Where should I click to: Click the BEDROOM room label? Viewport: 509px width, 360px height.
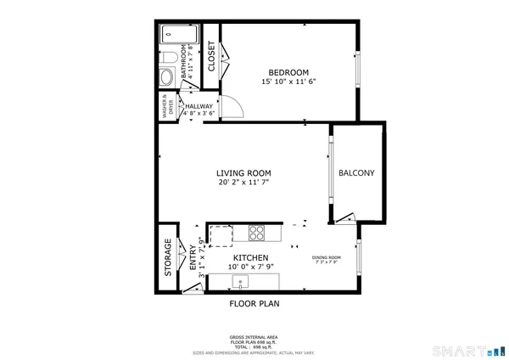point(288,71)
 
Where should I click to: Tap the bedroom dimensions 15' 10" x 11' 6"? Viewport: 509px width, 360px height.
point(288,82)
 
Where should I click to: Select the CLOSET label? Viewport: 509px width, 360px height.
point(210,56)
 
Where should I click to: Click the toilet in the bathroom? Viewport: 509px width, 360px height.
point(169,57)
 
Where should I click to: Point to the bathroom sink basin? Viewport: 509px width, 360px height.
point(166,76)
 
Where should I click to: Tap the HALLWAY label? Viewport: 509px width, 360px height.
point(199,106)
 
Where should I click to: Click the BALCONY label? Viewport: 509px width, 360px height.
point(356,172)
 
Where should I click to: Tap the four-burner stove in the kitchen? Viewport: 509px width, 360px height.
point(257,232)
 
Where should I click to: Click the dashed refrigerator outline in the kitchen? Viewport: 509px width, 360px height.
point(220,235)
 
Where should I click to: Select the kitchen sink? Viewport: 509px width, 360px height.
point(240,281)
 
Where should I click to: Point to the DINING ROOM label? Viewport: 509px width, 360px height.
point(327,257)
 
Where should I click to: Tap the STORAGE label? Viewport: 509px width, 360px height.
point(168,257)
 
